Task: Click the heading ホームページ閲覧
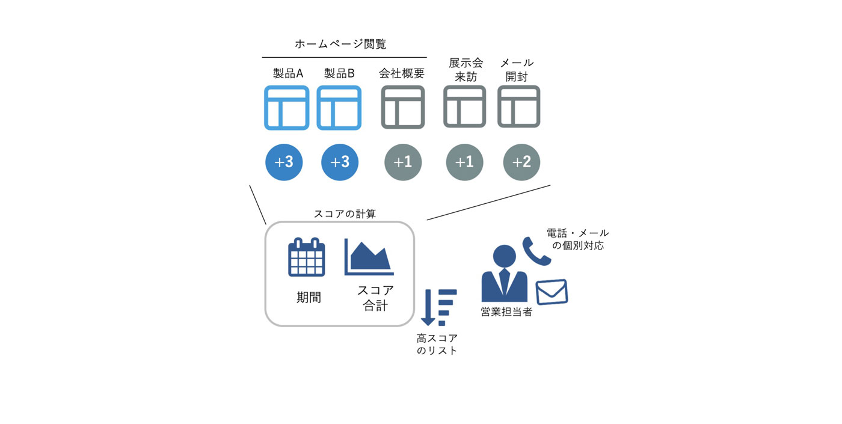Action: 340,44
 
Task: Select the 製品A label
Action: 288,73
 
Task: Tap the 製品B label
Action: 339,73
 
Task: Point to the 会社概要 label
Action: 402,73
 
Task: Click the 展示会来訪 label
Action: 466,70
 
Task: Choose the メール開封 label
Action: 517,70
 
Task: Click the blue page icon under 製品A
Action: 287,108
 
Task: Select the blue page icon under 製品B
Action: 339,108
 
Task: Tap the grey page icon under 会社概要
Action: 402,107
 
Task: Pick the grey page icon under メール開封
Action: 518,106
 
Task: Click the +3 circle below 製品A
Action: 284,162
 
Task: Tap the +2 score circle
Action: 521,162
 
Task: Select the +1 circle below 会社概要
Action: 403,162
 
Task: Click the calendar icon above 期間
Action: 306,257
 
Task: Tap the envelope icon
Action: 552,292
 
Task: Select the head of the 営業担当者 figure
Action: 504,256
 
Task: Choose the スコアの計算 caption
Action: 345,214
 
